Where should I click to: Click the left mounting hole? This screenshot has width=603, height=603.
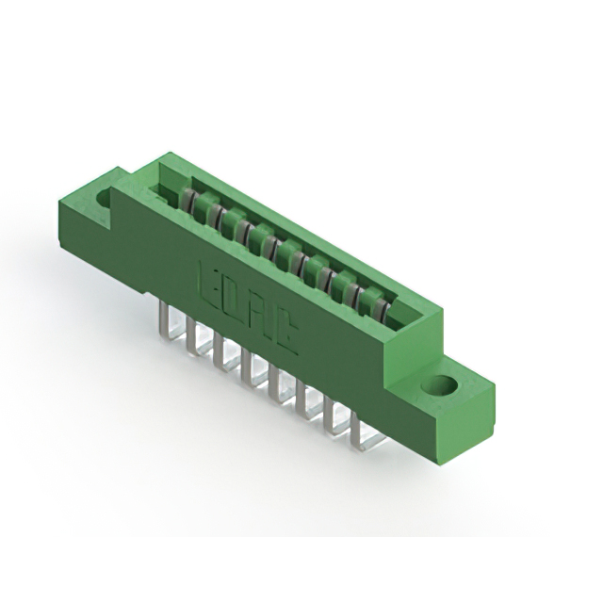[x=104, y=200]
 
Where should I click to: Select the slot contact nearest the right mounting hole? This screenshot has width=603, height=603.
[x=376, y=306]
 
